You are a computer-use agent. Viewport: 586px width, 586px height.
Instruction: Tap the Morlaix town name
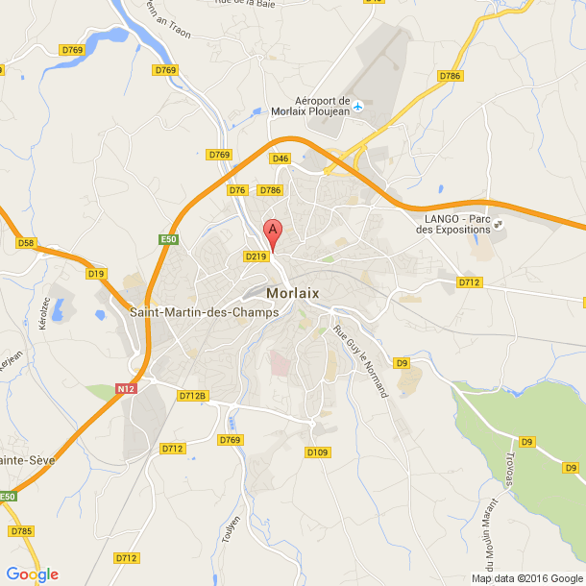pyautogui.click(x=293, y=294)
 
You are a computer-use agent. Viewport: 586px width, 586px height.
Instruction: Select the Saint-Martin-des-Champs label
pyautogui.click(x=204, y=312)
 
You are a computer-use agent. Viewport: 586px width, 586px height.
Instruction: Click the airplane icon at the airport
pyautogui.click(x=358, y=105)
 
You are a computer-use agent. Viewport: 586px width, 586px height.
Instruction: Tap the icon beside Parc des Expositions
pyautogui.click(x=500, y=228)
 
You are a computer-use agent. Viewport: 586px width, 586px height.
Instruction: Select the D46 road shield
pyautogui.click(x=281, y=159)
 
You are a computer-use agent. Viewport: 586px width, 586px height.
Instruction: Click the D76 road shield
pyautogui.click(x=237, y=190)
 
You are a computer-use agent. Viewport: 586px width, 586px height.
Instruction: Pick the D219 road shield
pyautogui.click(x=255, y=256)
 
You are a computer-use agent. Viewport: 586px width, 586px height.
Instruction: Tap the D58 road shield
pyautogui.click(x=26, y=243)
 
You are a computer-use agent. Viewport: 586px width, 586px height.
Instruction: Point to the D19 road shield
pyautogui.click(x=96, y=274)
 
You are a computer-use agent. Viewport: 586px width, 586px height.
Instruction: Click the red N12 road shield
pyautogui.click(x=124, y=388)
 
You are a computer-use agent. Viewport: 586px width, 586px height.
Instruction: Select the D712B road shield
pyautogui.click(x=192, y=395)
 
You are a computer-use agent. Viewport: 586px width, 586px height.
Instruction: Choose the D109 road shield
pyautogui.click(x=317, y=452)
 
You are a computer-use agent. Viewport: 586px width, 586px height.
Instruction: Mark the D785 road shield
pyautogui.click(x=20, y=530)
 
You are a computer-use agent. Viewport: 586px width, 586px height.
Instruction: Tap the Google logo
pyautogui.click(x=32, y=574)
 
